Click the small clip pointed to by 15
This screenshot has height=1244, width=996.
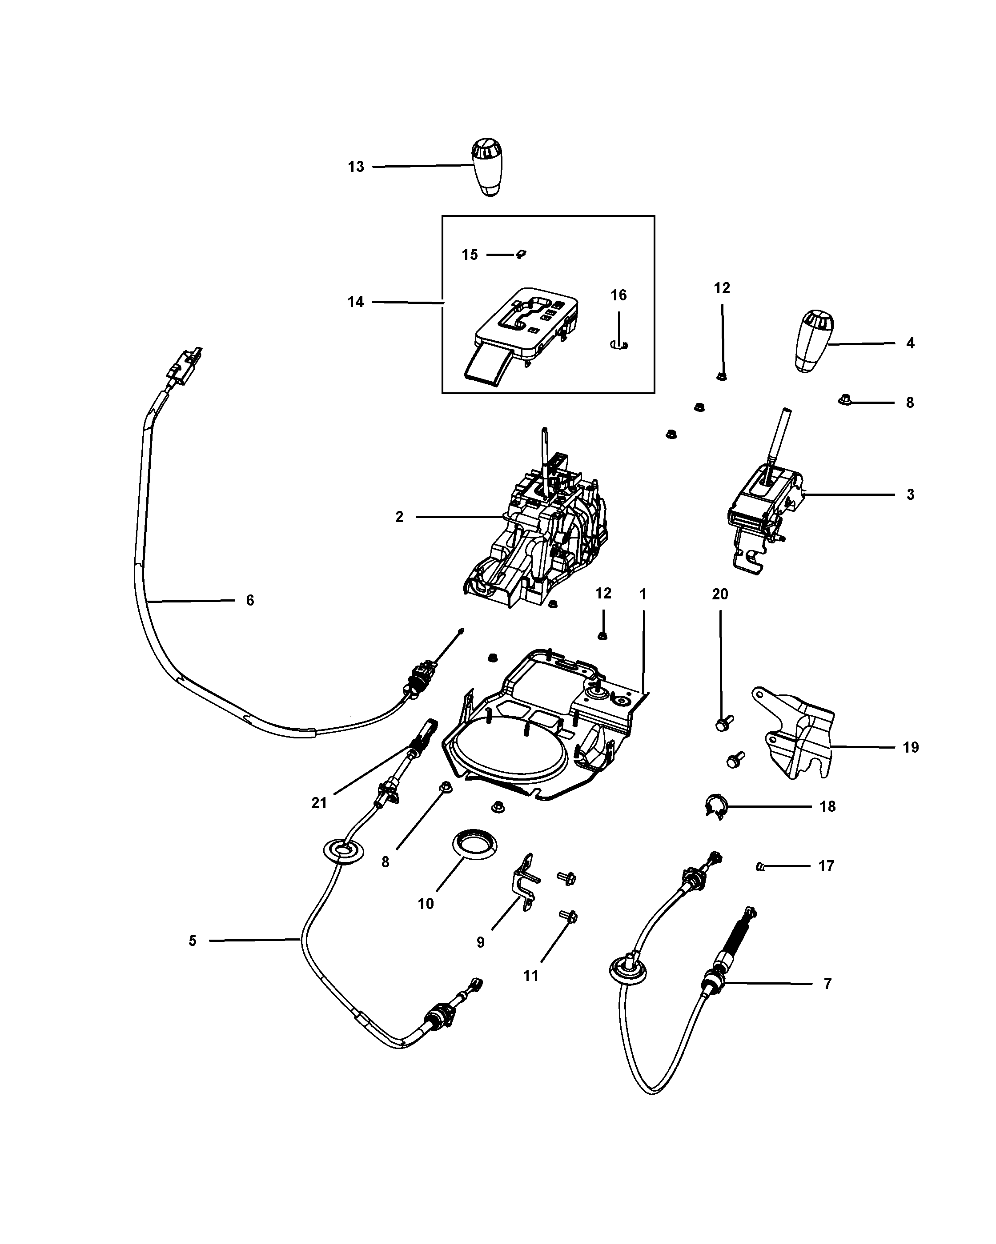522,254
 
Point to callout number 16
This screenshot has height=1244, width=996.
618,295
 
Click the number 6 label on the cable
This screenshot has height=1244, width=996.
250,600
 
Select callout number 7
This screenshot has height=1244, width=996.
827,984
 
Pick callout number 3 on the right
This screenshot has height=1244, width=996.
911,494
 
